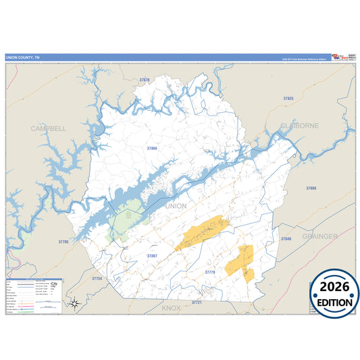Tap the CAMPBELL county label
(48, 127)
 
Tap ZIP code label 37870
(145, 80)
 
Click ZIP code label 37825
(288, 99)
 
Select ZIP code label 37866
(152, 147)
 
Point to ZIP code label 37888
(311, 188)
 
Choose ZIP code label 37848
(286, 239)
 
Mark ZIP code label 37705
(63, 241)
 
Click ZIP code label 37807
(152, 256)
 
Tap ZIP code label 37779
(210, 272)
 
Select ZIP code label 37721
(197, 303)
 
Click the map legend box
(34, 295)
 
